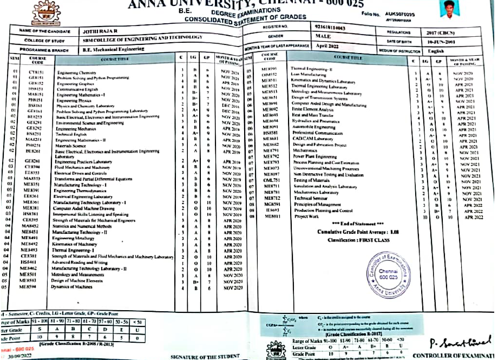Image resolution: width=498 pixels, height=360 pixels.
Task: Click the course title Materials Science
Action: click(71, 146)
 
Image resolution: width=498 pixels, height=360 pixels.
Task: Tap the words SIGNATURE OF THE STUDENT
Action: click(204, 356)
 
